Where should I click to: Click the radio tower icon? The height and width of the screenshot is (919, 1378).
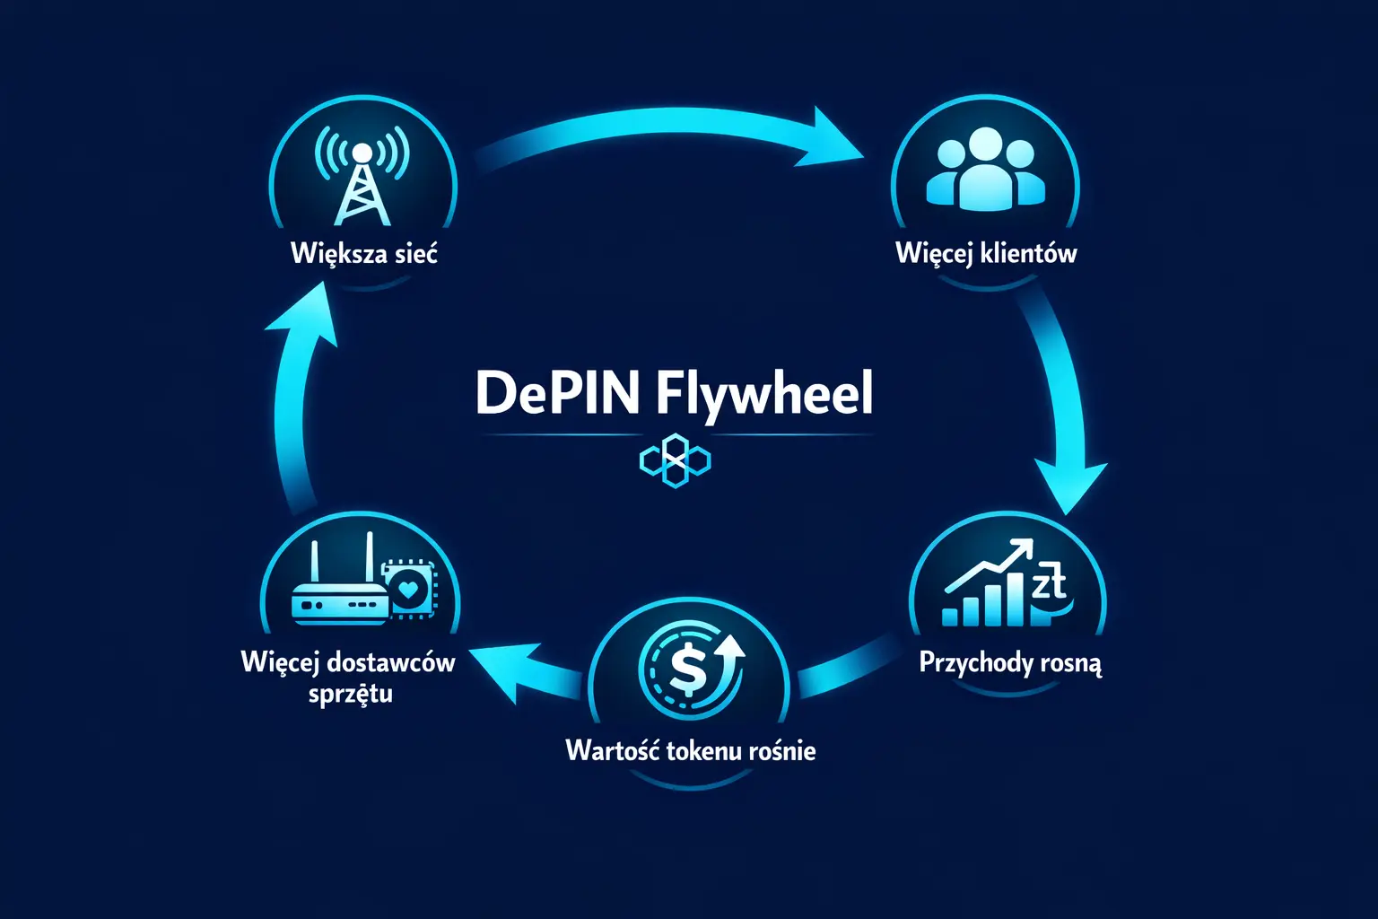[x=362, y=179]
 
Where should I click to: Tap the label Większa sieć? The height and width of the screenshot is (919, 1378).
[x=364, y=253]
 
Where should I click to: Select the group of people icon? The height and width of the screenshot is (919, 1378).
[x=985, y=170]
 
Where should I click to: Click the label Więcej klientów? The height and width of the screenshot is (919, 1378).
[x=986, y=254]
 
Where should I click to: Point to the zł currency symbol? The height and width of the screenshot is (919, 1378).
[x=1048, y=582]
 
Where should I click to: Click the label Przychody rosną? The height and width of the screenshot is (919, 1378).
[x=1010, y=664]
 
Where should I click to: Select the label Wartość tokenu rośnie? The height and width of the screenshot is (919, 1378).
[x=691, y=750]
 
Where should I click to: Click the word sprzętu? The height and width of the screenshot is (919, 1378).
[x=350, y=694]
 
